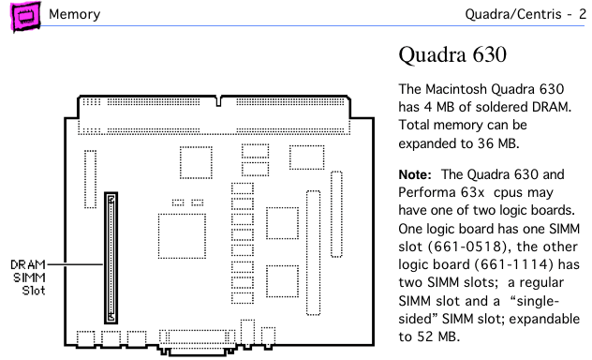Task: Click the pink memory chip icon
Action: [x=25, y=16]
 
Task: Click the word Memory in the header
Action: [x=74, y=14]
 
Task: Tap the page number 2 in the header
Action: [x=583, y=14]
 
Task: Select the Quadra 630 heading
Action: [x=452, y=54]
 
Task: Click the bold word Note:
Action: [x=415, y=174]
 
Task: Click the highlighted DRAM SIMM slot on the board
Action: [x=111, y=258]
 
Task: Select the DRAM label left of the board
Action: [x=28, y=264]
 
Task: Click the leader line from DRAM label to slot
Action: [x=75, y=264]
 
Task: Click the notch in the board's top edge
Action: [x=218, y=101]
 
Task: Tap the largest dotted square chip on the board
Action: [x=182, y=236]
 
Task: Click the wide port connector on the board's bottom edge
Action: [x=197, y=341]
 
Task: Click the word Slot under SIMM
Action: [x=34, y=291]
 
